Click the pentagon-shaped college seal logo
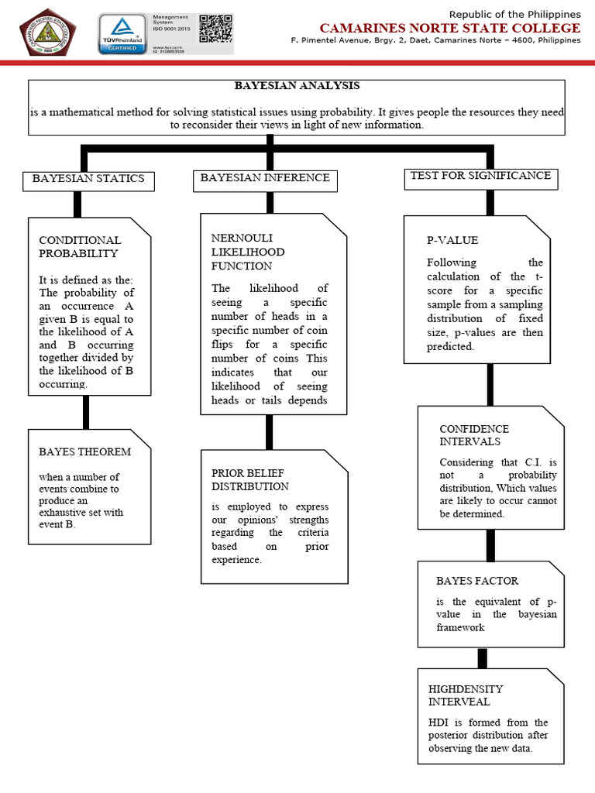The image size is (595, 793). coord(47,33)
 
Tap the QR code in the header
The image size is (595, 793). coord(215,29)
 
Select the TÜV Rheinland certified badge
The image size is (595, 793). coord(122,34)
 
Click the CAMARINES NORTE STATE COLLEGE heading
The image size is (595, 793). coord(450,28)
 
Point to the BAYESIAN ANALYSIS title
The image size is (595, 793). coord(297,85)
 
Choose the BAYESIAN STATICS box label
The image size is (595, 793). coord(88,178)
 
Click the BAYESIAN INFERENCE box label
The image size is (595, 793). coord(265,177)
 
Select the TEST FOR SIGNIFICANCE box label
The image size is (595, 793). coord(480,176)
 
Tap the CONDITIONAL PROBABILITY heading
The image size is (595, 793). coord(81,247)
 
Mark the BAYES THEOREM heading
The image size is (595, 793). coord(85,451)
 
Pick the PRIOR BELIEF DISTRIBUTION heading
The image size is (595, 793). coord(250,479)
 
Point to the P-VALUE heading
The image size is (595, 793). coord(452,240)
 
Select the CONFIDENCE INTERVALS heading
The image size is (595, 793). coord(474,435)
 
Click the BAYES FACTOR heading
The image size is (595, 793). coord(477,581)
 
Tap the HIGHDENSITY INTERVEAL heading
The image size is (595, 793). coord(466,695)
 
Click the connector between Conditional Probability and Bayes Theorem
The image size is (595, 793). coord(85,412)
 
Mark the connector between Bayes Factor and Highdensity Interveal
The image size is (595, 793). coord(482,658)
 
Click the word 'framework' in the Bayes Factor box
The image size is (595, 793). coord(460,627)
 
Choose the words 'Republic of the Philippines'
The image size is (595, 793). coord(515,14)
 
